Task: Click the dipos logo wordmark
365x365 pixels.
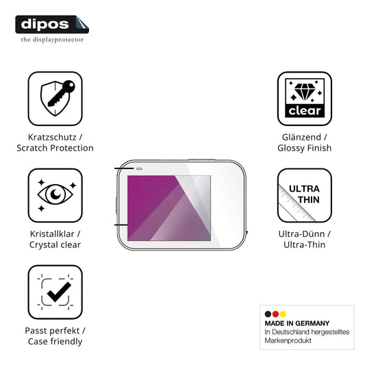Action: tap(45, 25)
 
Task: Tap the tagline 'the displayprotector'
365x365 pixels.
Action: tap(52, 40)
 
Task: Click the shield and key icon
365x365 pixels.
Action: tap(58, 98)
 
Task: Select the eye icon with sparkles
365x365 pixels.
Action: tap(55, 194)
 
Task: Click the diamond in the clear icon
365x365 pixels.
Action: tap(305, 91)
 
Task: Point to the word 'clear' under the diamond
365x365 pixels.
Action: tap(305, 111)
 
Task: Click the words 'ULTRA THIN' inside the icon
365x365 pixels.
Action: tap(305, 194)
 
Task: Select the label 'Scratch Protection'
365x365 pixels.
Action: tap(55, 148)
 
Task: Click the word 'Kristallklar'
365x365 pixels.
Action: tap(52, 234)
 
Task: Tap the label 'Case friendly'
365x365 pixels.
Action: tap(55, 342)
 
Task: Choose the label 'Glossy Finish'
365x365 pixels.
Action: tap(305, 148)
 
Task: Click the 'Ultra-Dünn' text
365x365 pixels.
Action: tap(301, 234)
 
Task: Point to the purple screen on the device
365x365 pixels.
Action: tap(169, 208)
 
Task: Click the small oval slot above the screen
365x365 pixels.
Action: tap(139, 168)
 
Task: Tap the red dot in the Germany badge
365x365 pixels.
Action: tap(275, 314)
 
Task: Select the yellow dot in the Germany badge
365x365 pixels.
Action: tap(283, 314)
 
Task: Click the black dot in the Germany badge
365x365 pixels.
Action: tap(268, 314)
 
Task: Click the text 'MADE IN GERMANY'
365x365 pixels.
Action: tap(297, 323)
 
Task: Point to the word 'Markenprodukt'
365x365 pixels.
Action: tap(288, 340)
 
